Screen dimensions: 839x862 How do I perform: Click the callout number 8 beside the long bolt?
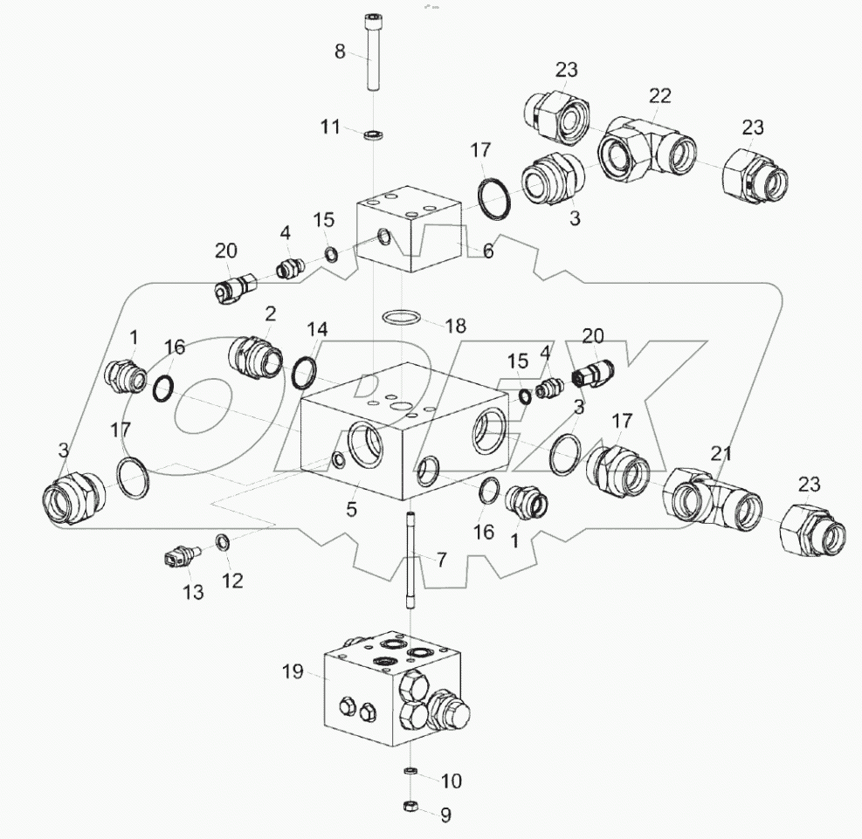(x=340, y=52)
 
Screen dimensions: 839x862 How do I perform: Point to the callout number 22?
(x=659, y=94)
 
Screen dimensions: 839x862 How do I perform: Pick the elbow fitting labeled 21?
(x=709, y=497)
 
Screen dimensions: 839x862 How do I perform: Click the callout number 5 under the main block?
(x=352, y=509)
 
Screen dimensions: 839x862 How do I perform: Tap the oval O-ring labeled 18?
(x=402, y=316)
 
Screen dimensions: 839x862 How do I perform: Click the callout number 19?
(x=292, y=671)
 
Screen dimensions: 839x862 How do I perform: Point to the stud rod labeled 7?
(x=409, y=562)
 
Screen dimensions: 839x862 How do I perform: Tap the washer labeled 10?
(x=409, y=771)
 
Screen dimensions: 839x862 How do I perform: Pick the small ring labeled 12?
(x=223, y=543)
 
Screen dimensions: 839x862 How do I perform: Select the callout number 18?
(x=455, y=326)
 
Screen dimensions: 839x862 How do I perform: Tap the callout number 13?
(x=193, y=592)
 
